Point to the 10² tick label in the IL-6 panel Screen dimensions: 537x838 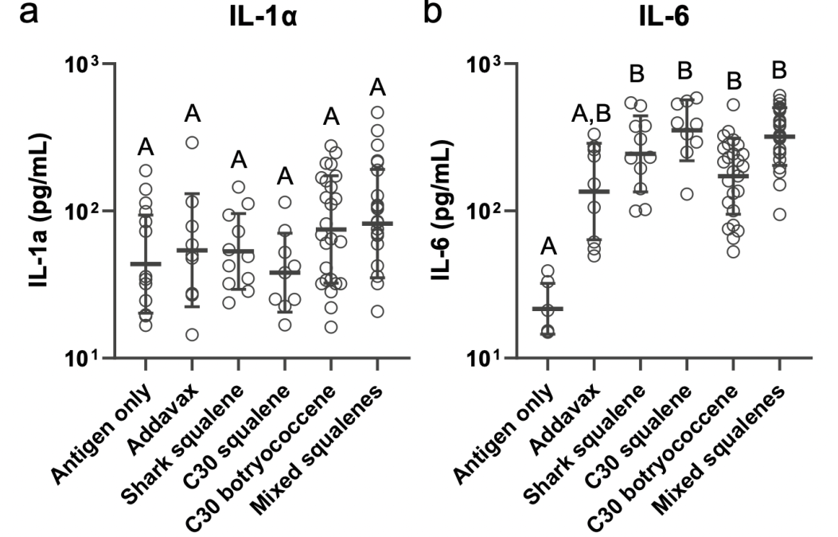point(485,211)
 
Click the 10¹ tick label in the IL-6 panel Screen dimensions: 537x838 point(485,359)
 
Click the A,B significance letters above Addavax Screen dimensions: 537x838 point(592,117)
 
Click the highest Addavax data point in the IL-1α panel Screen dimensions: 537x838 point(193,142)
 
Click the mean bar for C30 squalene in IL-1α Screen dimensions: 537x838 point(284,272)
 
